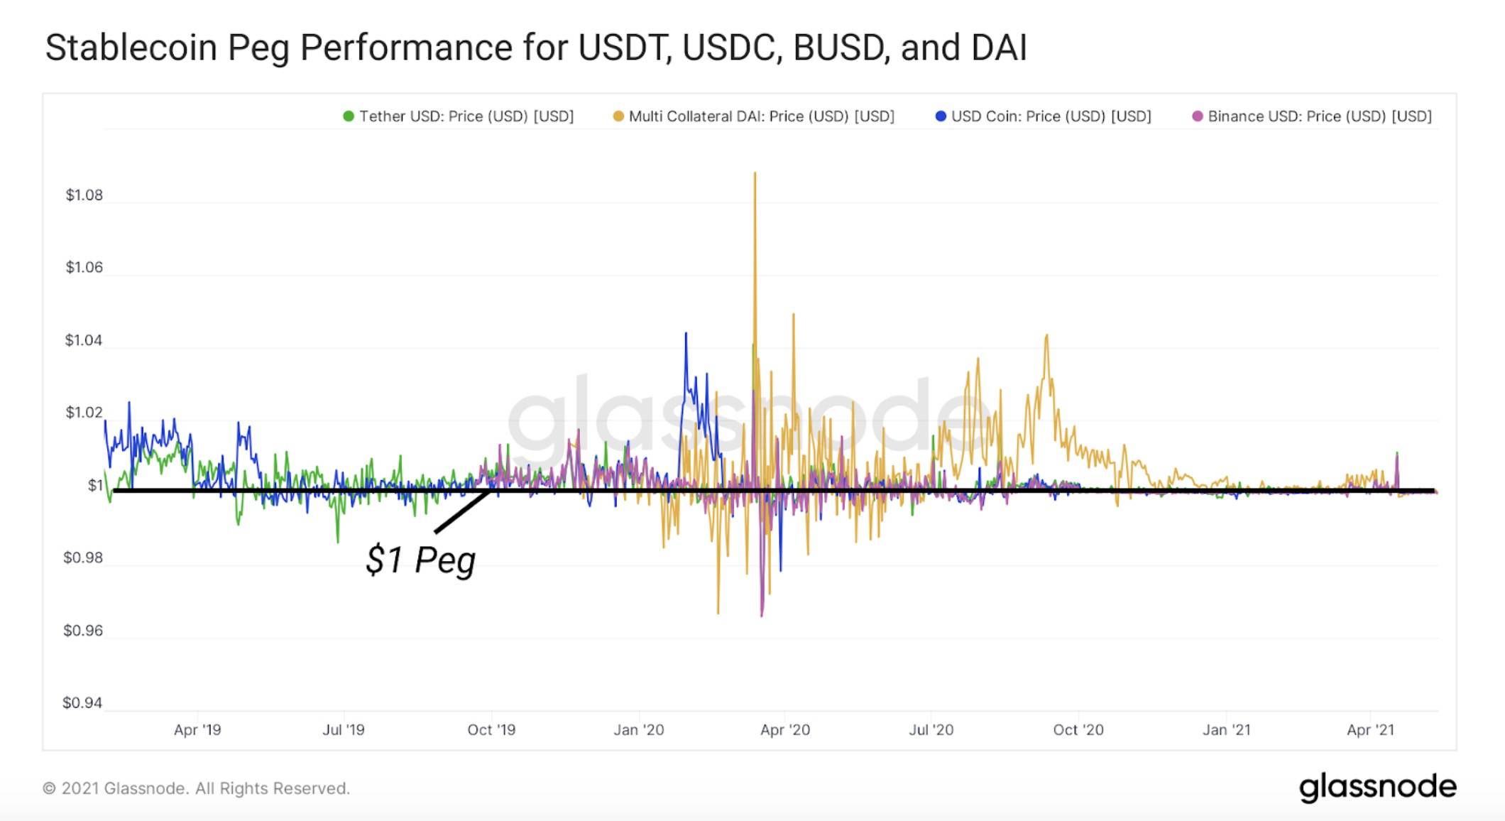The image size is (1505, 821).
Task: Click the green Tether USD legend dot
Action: (x=349, y=116)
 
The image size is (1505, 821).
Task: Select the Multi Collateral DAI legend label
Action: (x=761, y=116)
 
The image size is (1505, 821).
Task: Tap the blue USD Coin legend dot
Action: (x=941, y=116)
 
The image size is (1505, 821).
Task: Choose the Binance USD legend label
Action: (x=1319, y=116)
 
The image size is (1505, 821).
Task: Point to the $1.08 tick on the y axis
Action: (x=84, y=195)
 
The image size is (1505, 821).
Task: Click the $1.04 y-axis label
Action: (x=84, y=341)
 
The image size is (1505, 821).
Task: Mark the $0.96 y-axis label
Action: (x=83, y=631)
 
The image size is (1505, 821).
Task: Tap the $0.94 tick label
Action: (x=82, y=703)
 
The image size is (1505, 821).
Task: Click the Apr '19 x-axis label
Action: (x=197, y=730)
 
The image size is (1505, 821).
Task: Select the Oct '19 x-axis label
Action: (x=491, y=730)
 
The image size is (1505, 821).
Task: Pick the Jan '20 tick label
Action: (x=639, y=730)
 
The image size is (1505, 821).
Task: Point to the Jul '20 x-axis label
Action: (x=931, y=730)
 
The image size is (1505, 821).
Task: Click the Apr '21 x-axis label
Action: (x=1370, y=730)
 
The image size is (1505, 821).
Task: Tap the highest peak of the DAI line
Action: (x=755, y=173)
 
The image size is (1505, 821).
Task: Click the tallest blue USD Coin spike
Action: (x=686, y=334)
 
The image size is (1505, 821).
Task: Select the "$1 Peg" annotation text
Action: (x=420, y=560)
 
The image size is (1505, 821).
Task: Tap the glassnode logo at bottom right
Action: (x=1377, y=788)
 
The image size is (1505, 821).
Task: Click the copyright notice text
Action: (x=196, y=788)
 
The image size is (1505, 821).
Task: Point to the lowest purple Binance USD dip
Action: (x=762, y=615)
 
